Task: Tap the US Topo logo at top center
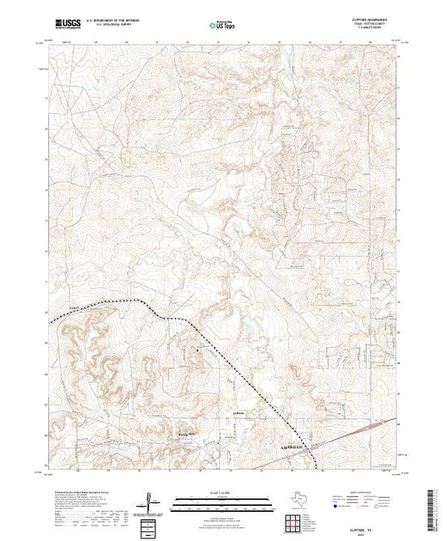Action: (x=222, y=25)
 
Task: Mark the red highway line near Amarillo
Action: (x=360, y=434)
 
